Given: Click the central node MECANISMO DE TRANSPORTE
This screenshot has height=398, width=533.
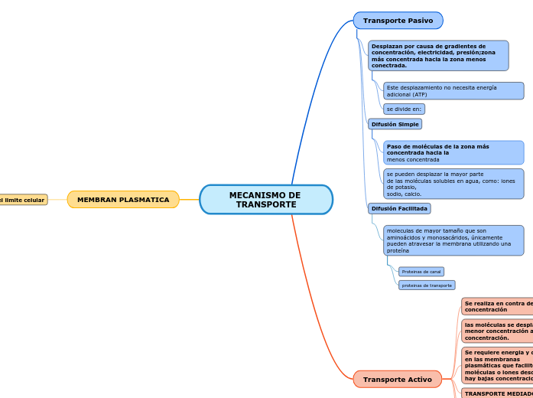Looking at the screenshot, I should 265,200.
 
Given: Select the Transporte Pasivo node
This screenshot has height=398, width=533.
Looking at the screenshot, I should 398,21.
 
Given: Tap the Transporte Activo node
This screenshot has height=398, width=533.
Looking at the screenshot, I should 397,380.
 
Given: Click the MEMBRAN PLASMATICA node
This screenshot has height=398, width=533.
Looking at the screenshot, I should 123,200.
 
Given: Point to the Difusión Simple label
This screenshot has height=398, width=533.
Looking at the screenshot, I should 395,124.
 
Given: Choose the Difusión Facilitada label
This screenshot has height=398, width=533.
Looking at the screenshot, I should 399,208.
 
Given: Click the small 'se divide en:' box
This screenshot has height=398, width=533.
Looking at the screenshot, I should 404,109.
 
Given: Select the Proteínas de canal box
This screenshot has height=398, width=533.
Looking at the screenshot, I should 421,272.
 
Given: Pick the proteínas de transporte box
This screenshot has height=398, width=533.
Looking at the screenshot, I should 427,285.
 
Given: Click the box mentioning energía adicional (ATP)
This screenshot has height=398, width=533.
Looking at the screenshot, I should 453,91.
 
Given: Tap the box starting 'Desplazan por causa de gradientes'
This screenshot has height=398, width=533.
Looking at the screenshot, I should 437,56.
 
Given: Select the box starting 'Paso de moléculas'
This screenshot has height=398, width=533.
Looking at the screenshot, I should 453,152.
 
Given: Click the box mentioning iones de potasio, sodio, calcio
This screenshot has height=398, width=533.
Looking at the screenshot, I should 453,184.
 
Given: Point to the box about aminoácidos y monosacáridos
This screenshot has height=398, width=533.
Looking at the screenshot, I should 453,240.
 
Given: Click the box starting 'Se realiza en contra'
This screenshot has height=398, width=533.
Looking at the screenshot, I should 497,306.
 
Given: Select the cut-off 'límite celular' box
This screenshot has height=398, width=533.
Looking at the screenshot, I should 23,200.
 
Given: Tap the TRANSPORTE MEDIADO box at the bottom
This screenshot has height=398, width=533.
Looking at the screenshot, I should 497,393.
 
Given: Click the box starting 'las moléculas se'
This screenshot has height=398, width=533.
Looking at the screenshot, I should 497,331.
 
